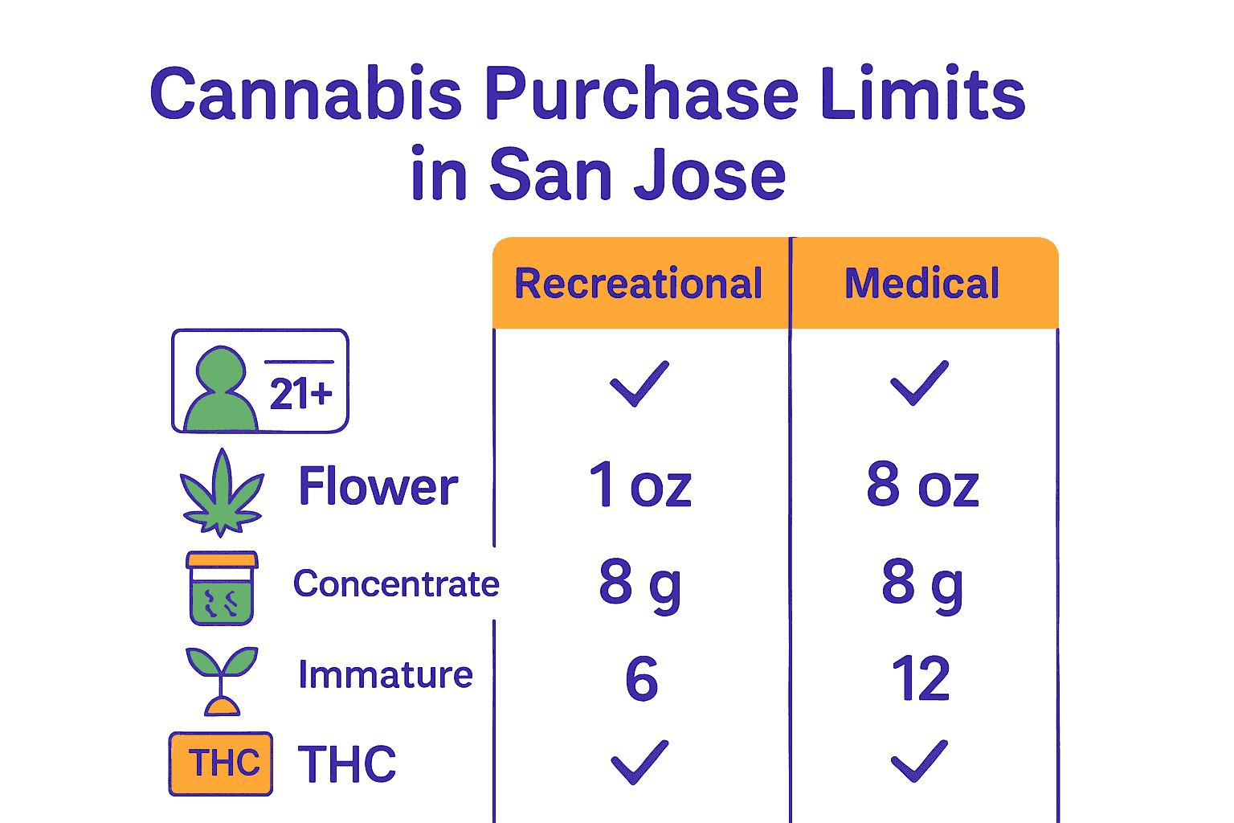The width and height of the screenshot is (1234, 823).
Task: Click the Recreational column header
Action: point(639,284)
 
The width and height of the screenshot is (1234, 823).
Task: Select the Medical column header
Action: point(922,284)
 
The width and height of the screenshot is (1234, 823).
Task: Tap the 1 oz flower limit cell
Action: point(640,485)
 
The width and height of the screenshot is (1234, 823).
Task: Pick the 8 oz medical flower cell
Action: point(922,485)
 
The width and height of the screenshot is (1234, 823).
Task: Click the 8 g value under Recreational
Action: point(640,583)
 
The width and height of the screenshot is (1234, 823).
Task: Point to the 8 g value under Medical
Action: point(922,583)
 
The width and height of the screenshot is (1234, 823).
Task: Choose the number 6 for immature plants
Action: point(641,679)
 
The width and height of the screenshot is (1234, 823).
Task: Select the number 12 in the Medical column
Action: point(921,679)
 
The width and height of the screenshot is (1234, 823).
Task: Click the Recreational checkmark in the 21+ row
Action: point(639,383)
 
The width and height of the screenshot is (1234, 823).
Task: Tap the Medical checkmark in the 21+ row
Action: point(920,383)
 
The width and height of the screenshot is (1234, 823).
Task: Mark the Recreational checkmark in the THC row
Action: point(639,761)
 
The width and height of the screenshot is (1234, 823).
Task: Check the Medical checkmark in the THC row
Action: point(920,761)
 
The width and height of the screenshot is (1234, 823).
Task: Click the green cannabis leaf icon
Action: point(221,492)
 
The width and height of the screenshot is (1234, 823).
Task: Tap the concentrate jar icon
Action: point(222,588)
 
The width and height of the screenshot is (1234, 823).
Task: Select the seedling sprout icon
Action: point(222,680)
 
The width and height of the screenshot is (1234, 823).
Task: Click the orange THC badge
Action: point(221,764)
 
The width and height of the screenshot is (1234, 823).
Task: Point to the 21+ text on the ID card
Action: point(300,395)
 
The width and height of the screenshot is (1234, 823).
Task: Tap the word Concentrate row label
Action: point(396,584)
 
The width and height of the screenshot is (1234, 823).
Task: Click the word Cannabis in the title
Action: point(306,94)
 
